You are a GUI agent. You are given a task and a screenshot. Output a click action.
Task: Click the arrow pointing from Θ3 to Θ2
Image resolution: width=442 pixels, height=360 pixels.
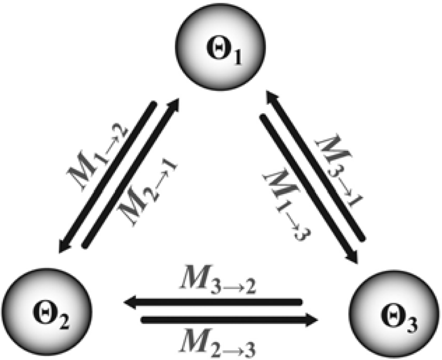(x=212, y=303)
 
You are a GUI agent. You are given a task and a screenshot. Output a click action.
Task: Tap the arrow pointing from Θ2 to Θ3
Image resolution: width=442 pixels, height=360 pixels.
(x=230, y=319)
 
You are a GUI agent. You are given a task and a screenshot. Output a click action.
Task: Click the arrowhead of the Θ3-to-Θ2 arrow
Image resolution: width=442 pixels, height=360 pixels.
(x=130, y=303)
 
